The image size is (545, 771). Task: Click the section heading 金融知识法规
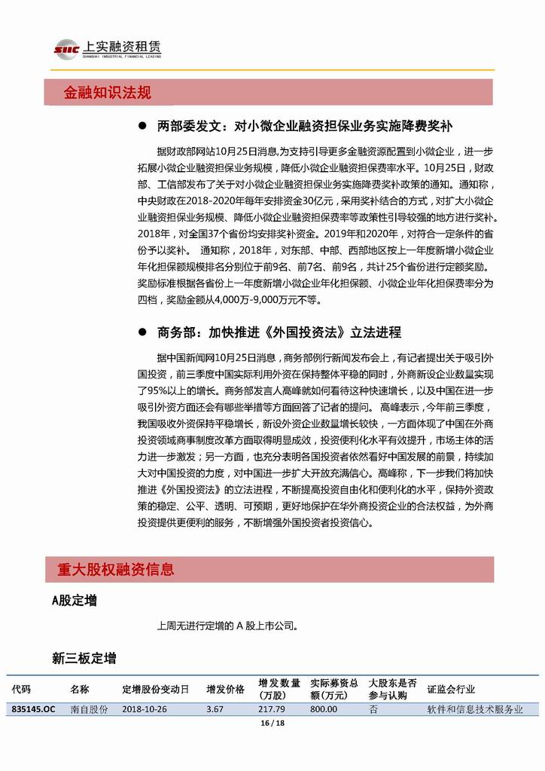tap(108, 93)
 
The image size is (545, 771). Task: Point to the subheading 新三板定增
tap(84, 659)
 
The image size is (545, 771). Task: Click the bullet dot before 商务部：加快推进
tap(141, 332)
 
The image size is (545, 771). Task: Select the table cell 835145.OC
tap(34, 709)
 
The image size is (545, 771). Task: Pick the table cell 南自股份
tap(89, 709)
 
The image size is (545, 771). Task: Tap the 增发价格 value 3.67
tap(215, 709)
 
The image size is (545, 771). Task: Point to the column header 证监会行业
tap(451, 689)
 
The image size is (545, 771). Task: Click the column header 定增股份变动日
tap(156, 689)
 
